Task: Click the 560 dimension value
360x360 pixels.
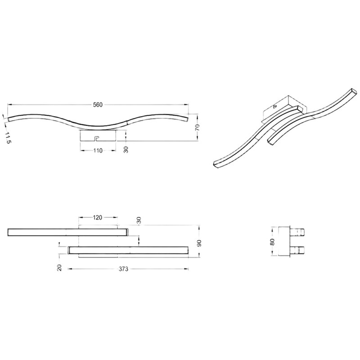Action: pyautogui.click(x=98, y=105)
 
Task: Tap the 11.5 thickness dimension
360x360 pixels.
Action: pyautogui.click(x=8, y=138)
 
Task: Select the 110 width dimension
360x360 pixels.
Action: pyautogui.click(x=98, y=151)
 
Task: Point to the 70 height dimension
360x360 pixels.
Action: pyautogui.click(x=198, y=127)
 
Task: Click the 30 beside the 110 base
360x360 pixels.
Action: pyautogui.click(x=126, y=149)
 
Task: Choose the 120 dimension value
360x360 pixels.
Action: pyautogui.click(x=98, y=217)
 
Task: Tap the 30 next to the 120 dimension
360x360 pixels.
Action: pyautogui.click(x=139, y=220)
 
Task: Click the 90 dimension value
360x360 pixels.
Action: pyautogui.click(x=199, y=243)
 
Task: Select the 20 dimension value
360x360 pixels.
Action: pyautogui.click(x=59, y=268)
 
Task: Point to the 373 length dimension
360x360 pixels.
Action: pyautogui.click(x=123, y=269)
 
